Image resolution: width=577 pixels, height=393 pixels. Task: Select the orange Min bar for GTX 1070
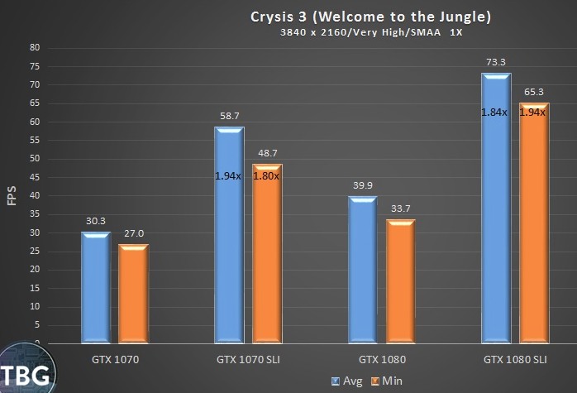(x=133, y=294)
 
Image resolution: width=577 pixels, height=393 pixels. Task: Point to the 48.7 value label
(x=267, y=154)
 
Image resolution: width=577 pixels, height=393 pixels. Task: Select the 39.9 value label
(x=362, y=186)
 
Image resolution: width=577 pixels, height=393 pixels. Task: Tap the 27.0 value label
(x=133, y=234)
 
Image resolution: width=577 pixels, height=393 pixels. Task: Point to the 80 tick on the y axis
(x=35, y=48)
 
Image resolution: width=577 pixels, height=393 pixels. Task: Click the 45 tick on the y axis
(x=35, y=178)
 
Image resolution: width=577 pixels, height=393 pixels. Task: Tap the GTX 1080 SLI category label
(x=515, y=360)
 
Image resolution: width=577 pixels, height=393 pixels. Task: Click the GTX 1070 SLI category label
(x=247, y=360)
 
